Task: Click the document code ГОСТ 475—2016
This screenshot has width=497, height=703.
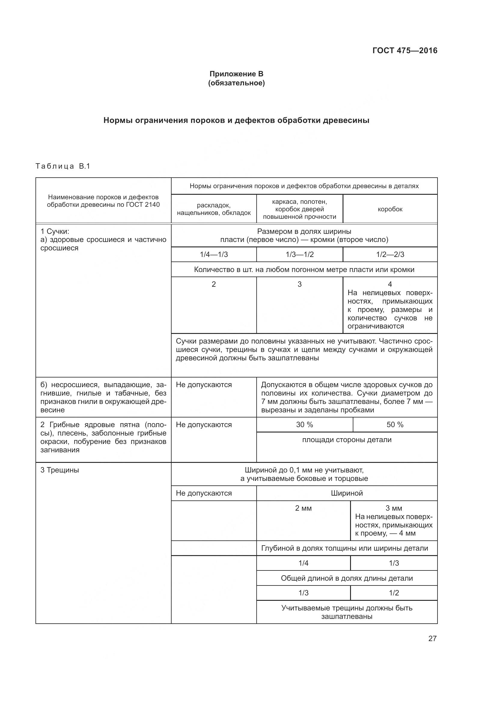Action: [x=405, y=50]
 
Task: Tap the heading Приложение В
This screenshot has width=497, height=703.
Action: [x=236, y=74]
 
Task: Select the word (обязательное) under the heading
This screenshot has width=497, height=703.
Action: [x=236, y=83]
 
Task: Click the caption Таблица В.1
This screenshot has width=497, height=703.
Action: [x=63, y=166]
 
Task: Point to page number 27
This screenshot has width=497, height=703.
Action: [x=432, y=638]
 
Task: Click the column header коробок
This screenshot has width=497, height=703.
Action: [x=390, y=209]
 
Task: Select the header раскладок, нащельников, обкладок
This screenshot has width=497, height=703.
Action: [x=214, y=209]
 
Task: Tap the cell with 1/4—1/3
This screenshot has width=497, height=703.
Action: [x=214, y=255]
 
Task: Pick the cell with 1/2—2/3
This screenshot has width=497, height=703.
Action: [x=390, y=255]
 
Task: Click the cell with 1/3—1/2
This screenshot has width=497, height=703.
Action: [x=300, y=255]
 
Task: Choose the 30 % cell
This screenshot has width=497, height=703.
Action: [x=304, y=425]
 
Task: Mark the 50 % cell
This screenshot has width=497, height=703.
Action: [x=395, y=425]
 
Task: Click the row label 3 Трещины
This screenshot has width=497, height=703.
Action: [x=60, y=470]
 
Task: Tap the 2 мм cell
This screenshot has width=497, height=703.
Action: [x=303, y=508]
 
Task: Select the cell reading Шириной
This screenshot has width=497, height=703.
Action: [x=347, y=493]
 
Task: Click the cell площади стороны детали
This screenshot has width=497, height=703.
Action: [x=347, y=440]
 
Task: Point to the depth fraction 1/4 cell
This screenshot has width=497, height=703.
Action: [x=303, y=563]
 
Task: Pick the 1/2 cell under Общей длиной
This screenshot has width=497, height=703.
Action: [x=394, y=593]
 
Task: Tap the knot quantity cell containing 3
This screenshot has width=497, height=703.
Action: [x=300, y=284]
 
